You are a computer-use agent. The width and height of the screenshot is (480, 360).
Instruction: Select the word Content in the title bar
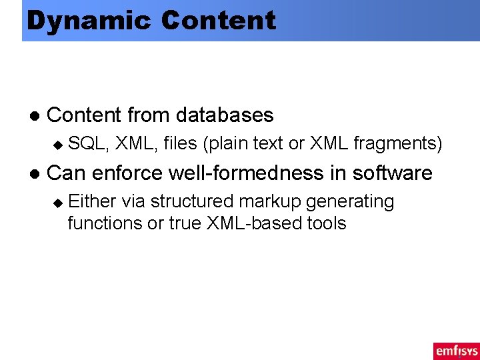point(218,20)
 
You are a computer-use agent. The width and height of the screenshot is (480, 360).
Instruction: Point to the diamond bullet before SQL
point(57,144)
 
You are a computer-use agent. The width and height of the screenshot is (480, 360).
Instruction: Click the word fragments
point(397,143)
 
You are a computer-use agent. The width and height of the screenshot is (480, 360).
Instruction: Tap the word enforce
point(127,173)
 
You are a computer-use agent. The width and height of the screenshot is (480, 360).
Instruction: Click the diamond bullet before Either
point(57,202)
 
